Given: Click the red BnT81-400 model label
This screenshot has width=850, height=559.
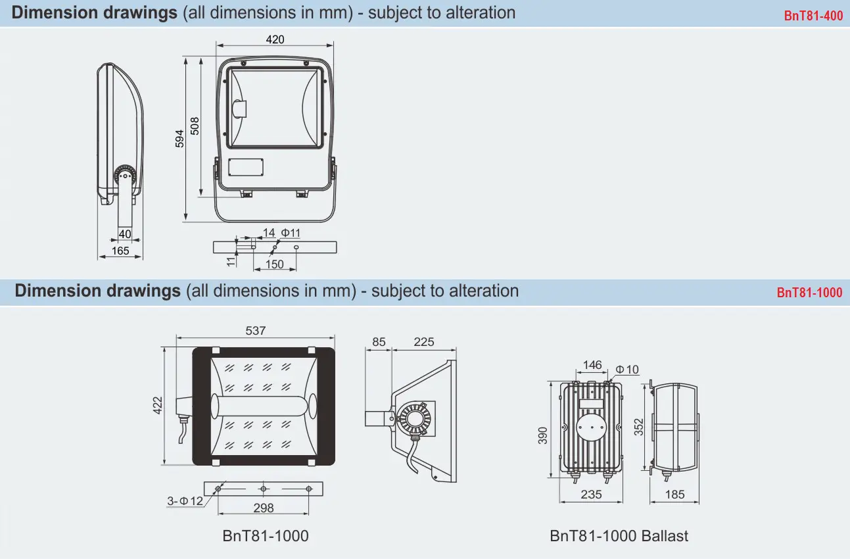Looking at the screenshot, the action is (x=813, y=16).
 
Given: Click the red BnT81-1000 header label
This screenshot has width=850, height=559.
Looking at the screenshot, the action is (x=809, y=292).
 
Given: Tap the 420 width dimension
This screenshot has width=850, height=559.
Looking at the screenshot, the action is (x=275, y=39).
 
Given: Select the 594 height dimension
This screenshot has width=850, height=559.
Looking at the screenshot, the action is (x=179, y=139).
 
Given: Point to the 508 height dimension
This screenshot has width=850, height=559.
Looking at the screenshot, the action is (x=195, y=126).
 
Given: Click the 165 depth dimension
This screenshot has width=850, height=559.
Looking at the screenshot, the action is (x=120, y=251).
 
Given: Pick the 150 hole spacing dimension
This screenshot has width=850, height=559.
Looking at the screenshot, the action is (x=274, y=264).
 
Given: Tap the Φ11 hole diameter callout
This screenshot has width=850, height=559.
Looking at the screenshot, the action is (x=291, y=233).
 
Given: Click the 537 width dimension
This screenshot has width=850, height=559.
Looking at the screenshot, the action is (x=255, y=331).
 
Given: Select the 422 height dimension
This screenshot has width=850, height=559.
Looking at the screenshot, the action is (x=157, y=405).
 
